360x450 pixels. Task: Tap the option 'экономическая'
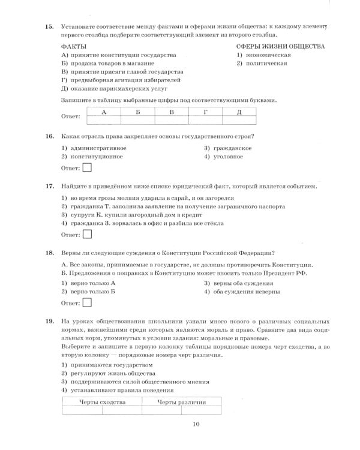click(x=265, y=55)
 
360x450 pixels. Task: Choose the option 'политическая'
click(x=263, y=63)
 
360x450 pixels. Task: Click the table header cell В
click(x=171, y=112)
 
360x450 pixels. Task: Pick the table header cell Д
click(x=239, y=112)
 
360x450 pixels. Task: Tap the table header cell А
click(x=104, y=112)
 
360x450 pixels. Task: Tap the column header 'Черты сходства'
click(x=102, y=402)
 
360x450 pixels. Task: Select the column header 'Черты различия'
click(x=181, y=402)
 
